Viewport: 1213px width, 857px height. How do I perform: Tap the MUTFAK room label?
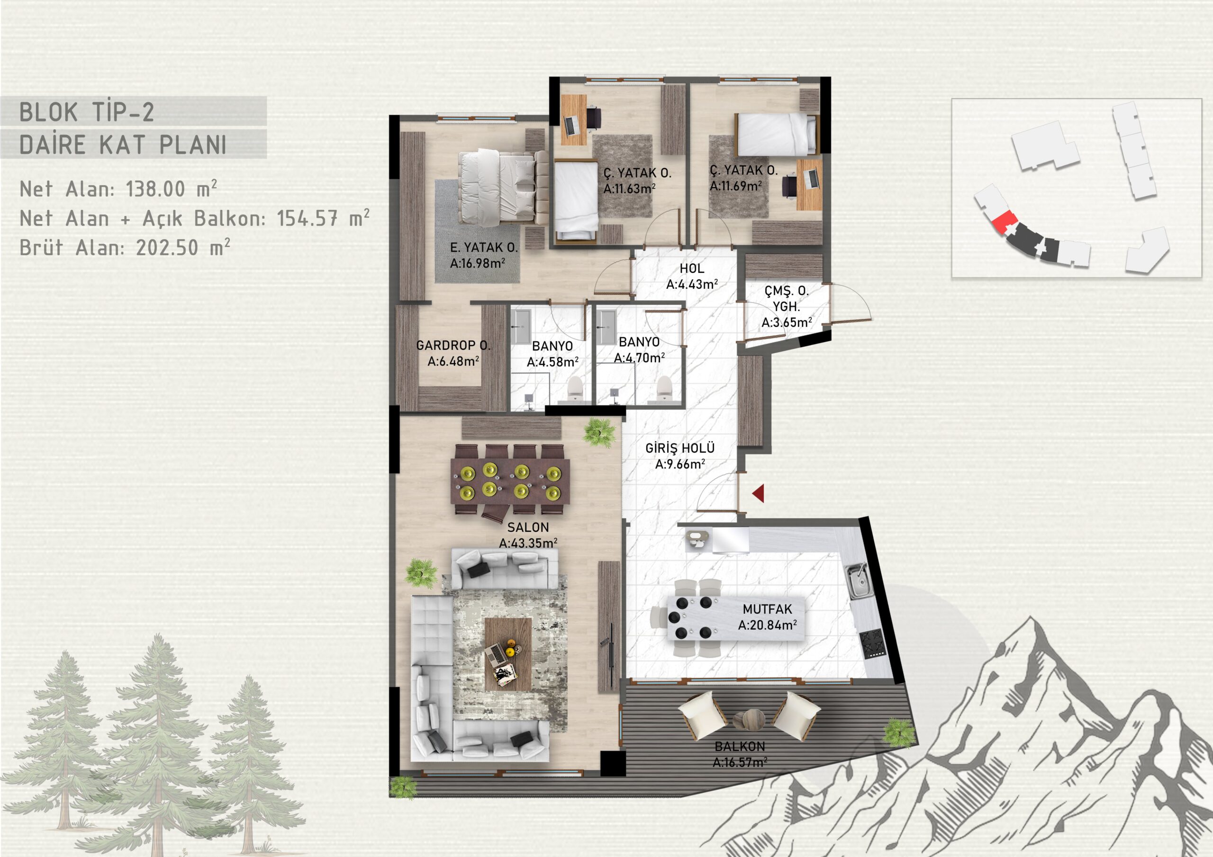click(767, 609)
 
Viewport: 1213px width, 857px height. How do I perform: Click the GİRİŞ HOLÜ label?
click(680, 448)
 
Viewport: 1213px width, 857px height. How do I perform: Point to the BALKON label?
click(740, 747)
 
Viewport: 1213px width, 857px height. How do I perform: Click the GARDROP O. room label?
click(453, 345)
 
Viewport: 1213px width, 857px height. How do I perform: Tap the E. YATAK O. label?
click(483, 247)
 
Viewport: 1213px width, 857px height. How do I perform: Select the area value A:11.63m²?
click(630, 188)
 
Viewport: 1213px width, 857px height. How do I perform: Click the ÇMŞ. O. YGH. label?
click(787, 298)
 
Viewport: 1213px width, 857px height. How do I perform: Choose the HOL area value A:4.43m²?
click(692, 285)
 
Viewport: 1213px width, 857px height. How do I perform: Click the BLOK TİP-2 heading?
click(87, 112)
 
